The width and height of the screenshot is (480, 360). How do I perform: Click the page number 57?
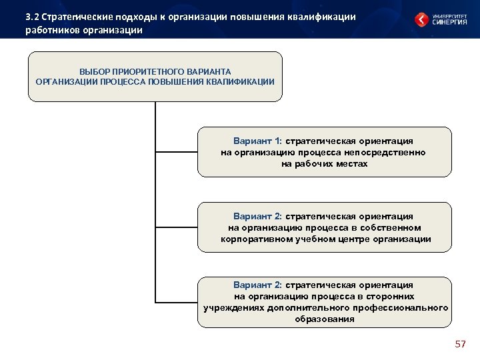click(x=460, y=344)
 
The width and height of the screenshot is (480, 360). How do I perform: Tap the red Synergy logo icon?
click(x=422, y=19)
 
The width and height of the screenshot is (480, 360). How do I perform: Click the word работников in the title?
click(x=51, y=30)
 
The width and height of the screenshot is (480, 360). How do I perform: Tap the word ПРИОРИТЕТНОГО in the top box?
click(x=149, y=71)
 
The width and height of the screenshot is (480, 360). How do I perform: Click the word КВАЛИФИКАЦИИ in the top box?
click(x=238, y=81)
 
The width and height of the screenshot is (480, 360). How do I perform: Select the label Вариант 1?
click(x=258, y=141)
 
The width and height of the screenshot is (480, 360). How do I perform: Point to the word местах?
click(x=352, y=163)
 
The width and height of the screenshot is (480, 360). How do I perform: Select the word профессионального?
click(x=405, y=307)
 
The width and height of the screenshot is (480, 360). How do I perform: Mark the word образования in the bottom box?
click(x=325, y=319)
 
